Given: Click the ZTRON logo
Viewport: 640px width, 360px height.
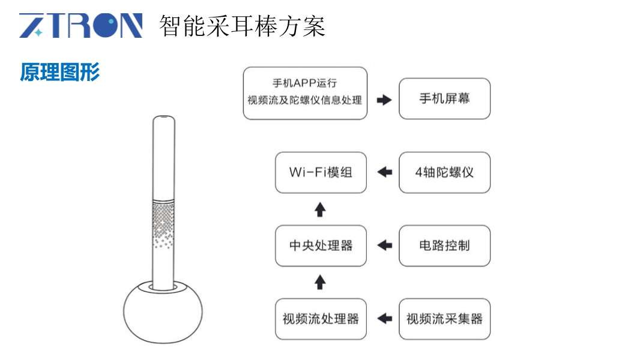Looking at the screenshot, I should point(81,26).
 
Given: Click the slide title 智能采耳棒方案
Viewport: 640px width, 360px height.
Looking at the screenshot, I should point(242,26).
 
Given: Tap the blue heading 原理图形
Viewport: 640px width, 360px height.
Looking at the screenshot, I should point(59,72).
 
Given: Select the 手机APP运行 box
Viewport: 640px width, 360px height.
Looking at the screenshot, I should point(305,93).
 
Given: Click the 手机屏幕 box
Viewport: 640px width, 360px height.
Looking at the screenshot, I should point(444,98).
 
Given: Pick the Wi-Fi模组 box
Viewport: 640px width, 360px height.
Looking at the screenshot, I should point(321,172).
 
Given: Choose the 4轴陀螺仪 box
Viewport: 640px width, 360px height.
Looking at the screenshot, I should point(444,172).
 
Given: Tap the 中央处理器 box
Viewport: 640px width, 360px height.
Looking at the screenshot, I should point(321,245).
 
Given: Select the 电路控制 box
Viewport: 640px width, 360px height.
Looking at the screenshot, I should point(444,245).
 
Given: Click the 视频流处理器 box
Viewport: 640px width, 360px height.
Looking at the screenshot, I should point(321,319).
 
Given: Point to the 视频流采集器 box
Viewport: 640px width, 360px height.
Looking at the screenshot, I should point(444,319).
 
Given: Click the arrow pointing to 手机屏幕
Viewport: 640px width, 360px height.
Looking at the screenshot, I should point(384,100).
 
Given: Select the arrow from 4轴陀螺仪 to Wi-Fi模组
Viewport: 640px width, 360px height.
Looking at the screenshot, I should point(384,172).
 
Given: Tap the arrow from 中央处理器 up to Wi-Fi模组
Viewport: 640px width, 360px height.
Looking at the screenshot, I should point(321,209).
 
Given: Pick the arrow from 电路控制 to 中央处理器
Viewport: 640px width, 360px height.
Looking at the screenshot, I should point(384,245).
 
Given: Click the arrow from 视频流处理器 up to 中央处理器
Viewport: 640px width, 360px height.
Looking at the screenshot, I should point(321,283).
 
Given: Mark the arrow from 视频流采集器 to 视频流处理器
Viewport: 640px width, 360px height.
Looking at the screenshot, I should point(384,319).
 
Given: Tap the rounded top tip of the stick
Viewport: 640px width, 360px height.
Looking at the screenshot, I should point(163,120).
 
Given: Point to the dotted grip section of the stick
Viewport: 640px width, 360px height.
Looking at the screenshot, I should point(163,225).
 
